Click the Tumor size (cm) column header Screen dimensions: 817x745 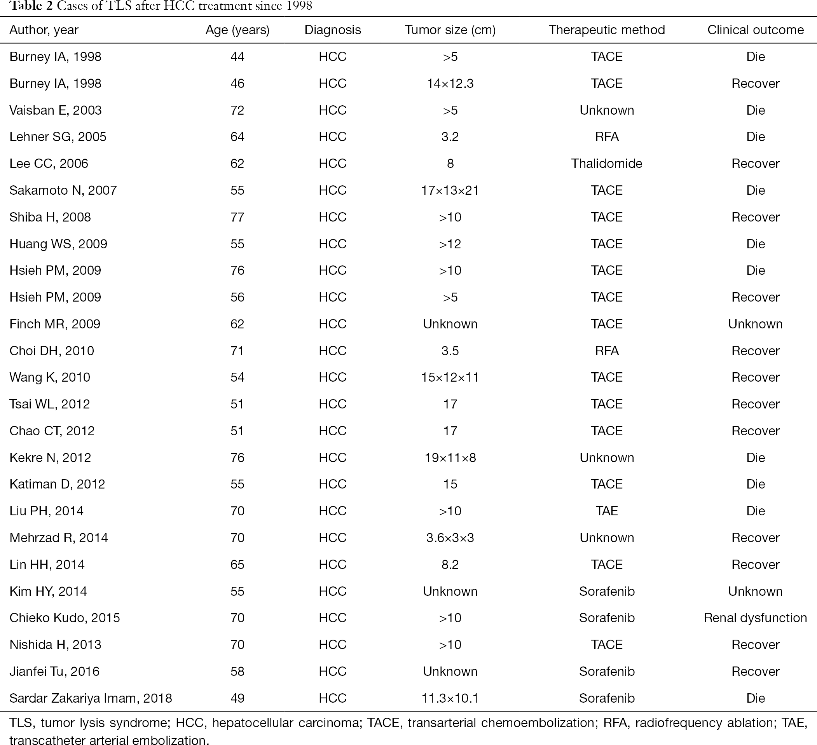(450, 30)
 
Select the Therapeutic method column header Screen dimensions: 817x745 (607, 30)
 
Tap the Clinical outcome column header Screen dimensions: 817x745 (756, 30)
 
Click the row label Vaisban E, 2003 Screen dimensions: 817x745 (56, 110)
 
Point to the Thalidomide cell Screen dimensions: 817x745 (607, 164)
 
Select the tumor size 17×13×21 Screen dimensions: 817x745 (450, 190)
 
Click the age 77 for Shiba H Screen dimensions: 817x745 (237, 217)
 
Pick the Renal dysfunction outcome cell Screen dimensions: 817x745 (756, 618)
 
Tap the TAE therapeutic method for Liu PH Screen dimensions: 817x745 (607, 511)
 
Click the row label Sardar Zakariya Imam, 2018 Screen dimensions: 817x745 (91, 698)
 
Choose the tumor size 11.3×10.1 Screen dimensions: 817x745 (450, 698)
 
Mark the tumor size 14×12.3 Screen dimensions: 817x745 (450, 84)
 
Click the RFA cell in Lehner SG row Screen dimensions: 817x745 (607, 137)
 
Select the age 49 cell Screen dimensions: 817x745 (237, 698)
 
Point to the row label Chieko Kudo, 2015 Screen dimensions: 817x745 (65, 618)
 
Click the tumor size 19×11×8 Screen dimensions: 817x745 (450, 458)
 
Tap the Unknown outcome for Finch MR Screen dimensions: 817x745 (756, 324)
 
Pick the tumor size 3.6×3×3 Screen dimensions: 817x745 (450, 537)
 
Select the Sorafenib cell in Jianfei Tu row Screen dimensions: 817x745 (607, 671)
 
